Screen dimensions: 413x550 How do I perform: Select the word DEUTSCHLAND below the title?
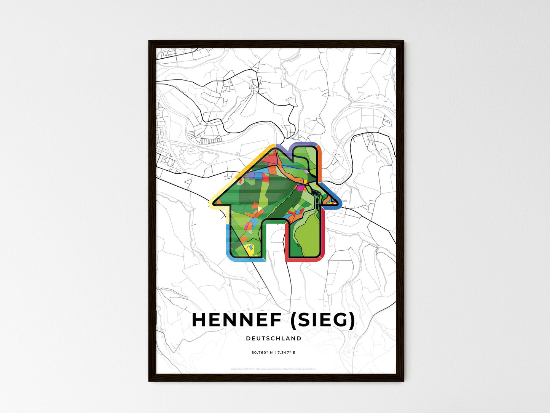274,338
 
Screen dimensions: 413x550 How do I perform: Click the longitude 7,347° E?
287,352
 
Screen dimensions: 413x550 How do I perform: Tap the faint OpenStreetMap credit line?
273,369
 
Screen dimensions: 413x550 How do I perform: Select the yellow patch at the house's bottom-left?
250,249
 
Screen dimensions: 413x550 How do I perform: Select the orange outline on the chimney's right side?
320,160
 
